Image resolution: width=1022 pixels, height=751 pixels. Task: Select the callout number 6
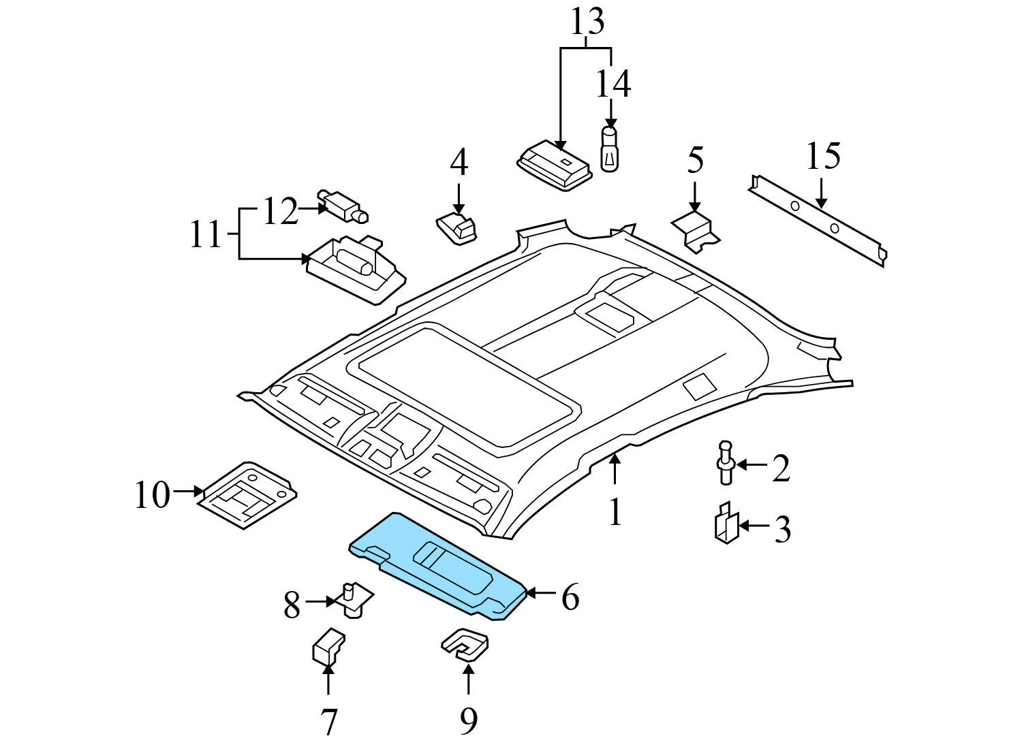click(570, 597)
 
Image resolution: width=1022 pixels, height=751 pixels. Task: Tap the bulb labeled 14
click(609, 148)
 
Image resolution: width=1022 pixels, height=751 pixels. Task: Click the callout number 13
click(587, 23)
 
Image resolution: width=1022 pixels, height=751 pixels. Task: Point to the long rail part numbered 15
click(818, 221)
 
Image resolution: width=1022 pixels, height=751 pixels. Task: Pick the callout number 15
click(822, 157)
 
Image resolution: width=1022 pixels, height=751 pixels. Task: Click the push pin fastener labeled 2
click(726, 462)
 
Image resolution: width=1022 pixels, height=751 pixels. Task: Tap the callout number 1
click(615, 513)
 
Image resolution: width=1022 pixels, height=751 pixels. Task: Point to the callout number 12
click(280, 212)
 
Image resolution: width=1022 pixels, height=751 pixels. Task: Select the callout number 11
click(205, 236)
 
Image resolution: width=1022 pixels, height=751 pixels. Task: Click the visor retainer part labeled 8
click(355, 600)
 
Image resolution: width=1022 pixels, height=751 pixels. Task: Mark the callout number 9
click(467, 721)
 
